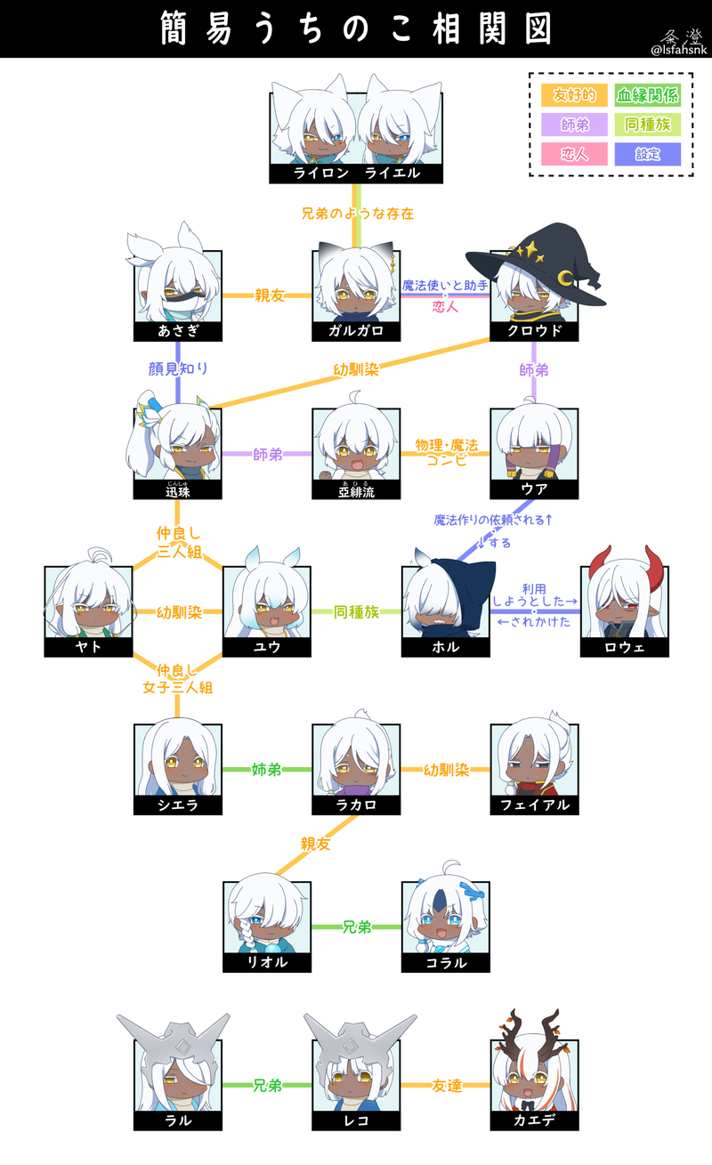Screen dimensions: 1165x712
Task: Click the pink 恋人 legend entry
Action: coord(574,154)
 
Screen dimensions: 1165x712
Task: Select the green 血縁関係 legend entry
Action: coord(647,95)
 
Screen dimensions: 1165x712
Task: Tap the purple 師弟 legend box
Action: coord(574,125)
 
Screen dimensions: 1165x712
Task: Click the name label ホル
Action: coord(445,647)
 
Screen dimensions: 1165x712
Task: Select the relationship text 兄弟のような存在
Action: coord(357,214)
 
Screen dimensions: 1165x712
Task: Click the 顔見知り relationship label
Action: coord(178,368)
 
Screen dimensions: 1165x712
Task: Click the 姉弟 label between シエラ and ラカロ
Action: coord(267,769)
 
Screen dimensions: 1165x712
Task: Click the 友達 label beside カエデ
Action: coord(445,1086)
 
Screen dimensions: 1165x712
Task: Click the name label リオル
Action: coord(267,963)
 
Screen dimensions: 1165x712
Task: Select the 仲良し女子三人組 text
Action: coord(178,678)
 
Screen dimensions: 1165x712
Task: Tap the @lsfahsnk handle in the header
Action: coord(678,50)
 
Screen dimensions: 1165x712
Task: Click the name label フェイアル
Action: coord(534,805)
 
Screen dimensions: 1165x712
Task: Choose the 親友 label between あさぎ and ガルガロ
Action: coord(267,295)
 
